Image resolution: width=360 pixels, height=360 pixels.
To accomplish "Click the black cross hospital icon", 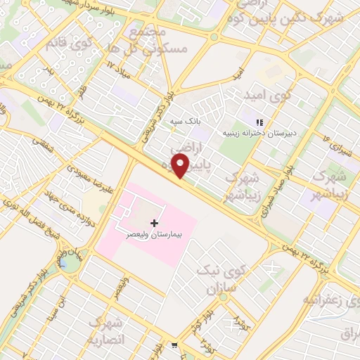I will pos(155,222).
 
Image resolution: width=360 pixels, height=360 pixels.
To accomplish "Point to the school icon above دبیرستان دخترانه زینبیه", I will pos(259,122).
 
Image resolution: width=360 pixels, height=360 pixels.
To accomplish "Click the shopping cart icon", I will pos(174,345).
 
